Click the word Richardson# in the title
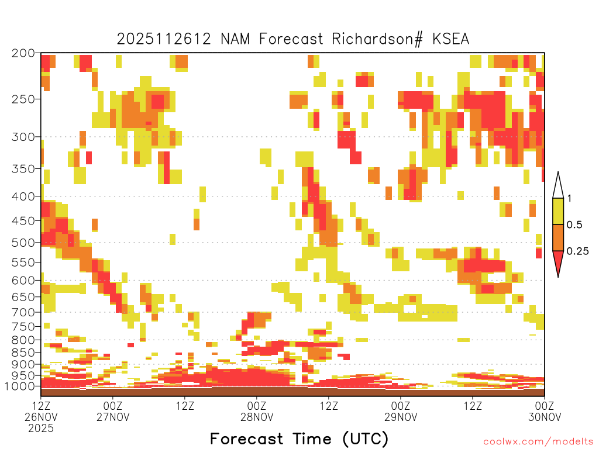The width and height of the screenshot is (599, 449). click(377, 39)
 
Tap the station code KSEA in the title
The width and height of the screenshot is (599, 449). click(450, 39)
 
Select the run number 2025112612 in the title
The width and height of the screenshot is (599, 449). click(164, 39)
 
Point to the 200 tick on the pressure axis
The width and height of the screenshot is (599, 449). click(23, 53)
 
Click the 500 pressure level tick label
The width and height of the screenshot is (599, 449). click(23, 243)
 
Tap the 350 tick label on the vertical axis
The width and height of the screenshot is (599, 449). click(23, 169)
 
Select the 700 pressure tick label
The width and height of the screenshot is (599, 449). click(23, 312)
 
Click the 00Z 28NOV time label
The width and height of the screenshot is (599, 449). click(257, 411)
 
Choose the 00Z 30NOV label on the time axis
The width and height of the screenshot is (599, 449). click(545, 411)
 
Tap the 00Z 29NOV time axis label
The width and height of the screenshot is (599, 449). click(401, 411)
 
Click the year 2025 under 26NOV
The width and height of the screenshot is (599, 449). click(41, 429)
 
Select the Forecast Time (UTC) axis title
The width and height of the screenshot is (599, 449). click(299, 438)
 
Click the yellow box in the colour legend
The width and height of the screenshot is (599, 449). click(558, 211)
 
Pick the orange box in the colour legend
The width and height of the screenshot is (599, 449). click(558, 237)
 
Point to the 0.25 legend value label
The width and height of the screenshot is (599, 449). click(577, 251)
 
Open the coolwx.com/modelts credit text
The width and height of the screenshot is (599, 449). click(538, 442)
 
